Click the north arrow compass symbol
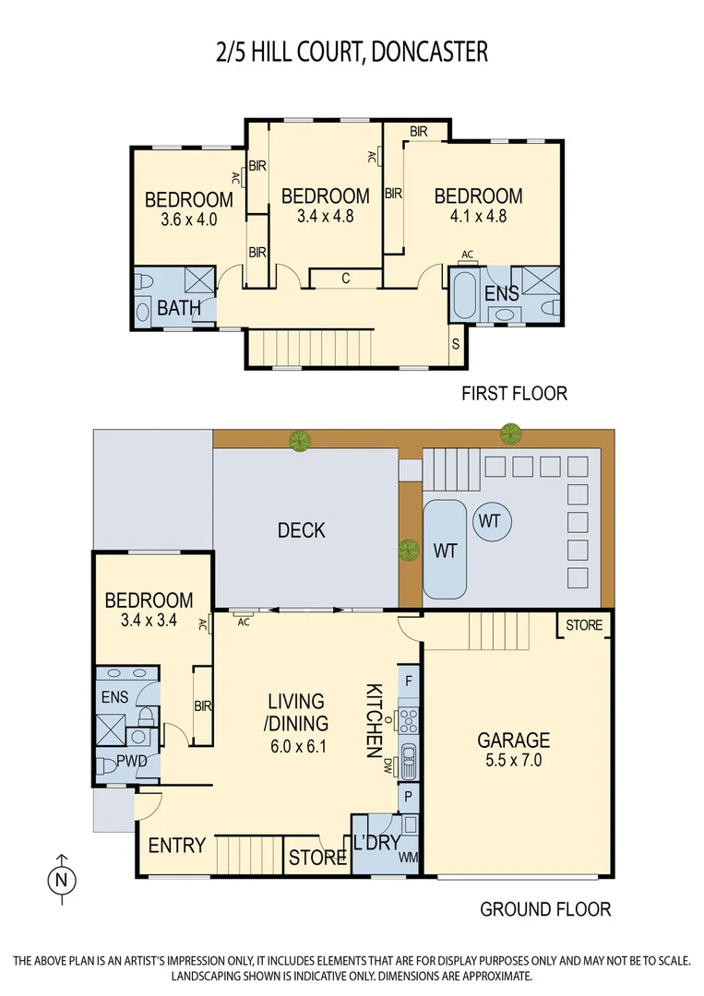coord(61,876)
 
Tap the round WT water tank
coord(489,522)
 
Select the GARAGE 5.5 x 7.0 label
coord(513,749)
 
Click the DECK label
coord(302,530)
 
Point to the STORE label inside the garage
coord(583,625)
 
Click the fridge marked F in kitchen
coord(408,682)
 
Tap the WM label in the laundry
coord(407,859)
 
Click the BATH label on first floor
coord(179,308)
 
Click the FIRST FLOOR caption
coord(514,394)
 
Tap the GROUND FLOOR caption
coord(544,909)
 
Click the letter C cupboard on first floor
coord(344,278)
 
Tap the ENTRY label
coord(176,846)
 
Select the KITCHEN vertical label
coord(375,720)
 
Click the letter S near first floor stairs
coord(456,344)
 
